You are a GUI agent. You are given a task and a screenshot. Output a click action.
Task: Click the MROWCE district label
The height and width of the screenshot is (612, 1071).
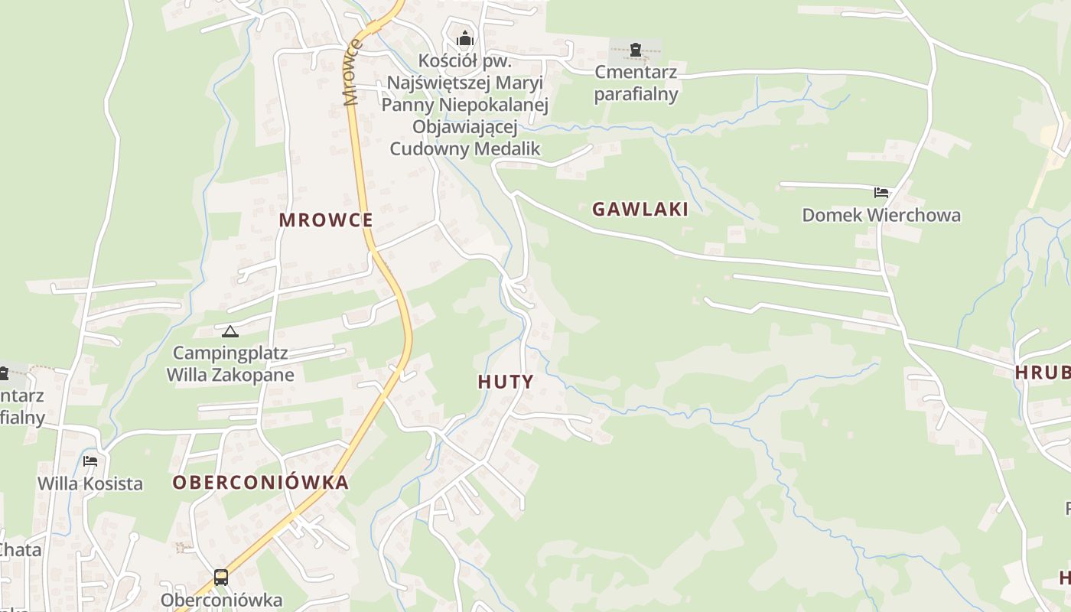(326, 220)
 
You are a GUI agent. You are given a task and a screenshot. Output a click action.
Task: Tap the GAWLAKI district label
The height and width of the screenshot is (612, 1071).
(640, 209)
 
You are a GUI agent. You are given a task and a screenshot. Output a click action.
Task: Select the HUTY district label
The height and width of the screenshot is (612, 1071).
(506, 382)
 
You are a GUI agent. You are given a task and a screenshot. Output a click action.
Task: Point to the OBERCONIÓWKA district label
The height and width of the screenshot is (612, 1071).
(260, 483)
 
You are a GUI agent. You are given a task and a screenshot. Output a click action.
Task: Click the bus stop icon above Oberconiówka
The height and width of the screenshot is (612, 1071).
(220, 577)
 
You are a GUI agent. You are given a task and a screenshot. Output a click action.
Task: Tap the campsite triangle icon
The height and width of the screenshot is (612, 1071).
(229, 331)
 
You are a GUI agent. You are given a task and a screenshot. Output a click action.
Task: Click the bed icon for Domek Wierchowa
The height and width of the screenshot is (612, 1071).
(881, 192)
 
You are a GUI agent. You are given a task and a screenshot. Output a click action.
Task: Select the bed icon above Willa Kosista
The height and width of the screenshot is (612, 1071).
(90, 461)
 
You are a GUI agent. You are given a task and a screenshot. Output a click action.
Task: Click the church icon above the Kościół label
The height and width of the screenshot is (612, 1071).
(464, 38)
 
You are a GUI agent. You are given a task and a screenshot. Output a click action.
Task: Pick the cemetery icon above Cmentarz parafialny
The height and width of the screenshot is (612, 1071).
(636, 50)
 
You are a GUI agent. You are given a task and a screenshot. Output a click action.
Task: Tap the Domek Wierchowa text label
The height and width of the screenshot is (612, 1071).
(881, 215)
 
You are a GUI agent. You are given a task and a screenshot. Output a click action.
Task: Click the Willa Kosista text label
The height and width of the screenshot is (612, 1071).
(90, 483)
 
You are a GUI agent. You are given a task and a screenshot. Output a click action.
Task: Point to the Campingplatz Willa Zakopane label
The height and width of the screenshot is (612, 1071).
(230, 364)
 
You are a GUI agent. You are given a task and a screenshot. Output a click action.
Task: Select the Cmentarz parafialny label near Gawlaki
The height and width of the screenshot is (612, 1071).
(636, 83)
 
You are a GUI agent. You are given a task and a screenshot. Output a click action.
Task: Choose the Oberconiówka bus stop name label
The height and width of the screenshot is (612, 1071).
(221, 600)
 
